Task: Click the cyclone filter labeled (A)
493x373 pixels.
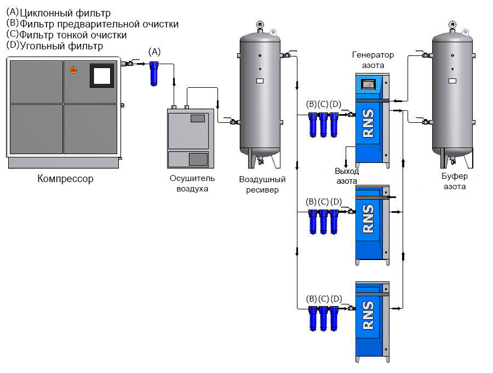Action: point(154,72)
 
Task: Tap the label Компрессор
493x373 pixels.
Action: point(65,178)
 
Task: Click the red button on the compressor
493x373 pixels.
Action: point(73,70)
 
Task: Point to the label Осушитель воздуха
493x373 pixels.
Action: point(192,183)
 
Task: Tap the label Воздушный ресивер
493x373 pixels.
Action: point(262,184)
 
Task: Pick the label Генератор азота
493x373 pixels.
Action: point(372,60)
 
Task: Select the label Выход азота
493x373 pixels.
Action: point(347,176)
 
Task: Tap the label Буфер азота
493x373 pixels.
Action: point(454,181)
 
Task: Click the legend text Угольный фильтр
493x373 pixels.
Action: point(61,46)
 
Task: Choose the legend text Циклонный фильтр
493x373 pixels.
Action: point(65,13)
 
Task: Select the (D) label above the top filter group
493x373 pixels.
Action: point(336,104)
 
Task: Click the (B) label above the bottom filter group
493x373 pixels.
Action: point(311,298)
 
